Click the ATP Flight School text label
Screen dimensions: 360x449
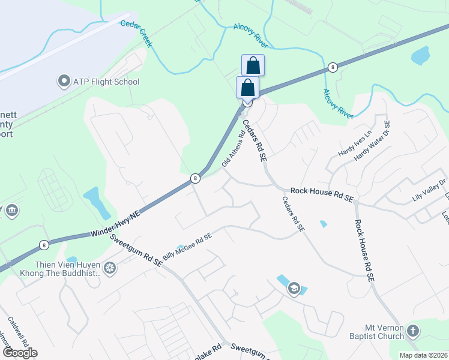pyautogui.click(x=106, y=82)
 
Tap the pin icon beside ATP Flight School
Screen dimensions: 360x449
pyautogui.click(x=64, y=81)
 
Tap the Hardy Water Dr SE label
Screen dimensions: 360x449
pyautogui.click(x=372, y=141)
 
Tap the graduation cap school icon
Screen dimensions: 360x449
pyautogui.click(x=294, y=289)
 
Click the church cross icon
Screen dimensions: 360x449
pyautogui.click(x=412, y=331)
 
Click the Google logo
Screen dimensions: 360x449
pyautogui.click(x=20, y=353)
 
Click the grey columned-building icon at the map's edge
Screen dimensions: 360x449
pyautogui.click(x=11, y=211)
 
